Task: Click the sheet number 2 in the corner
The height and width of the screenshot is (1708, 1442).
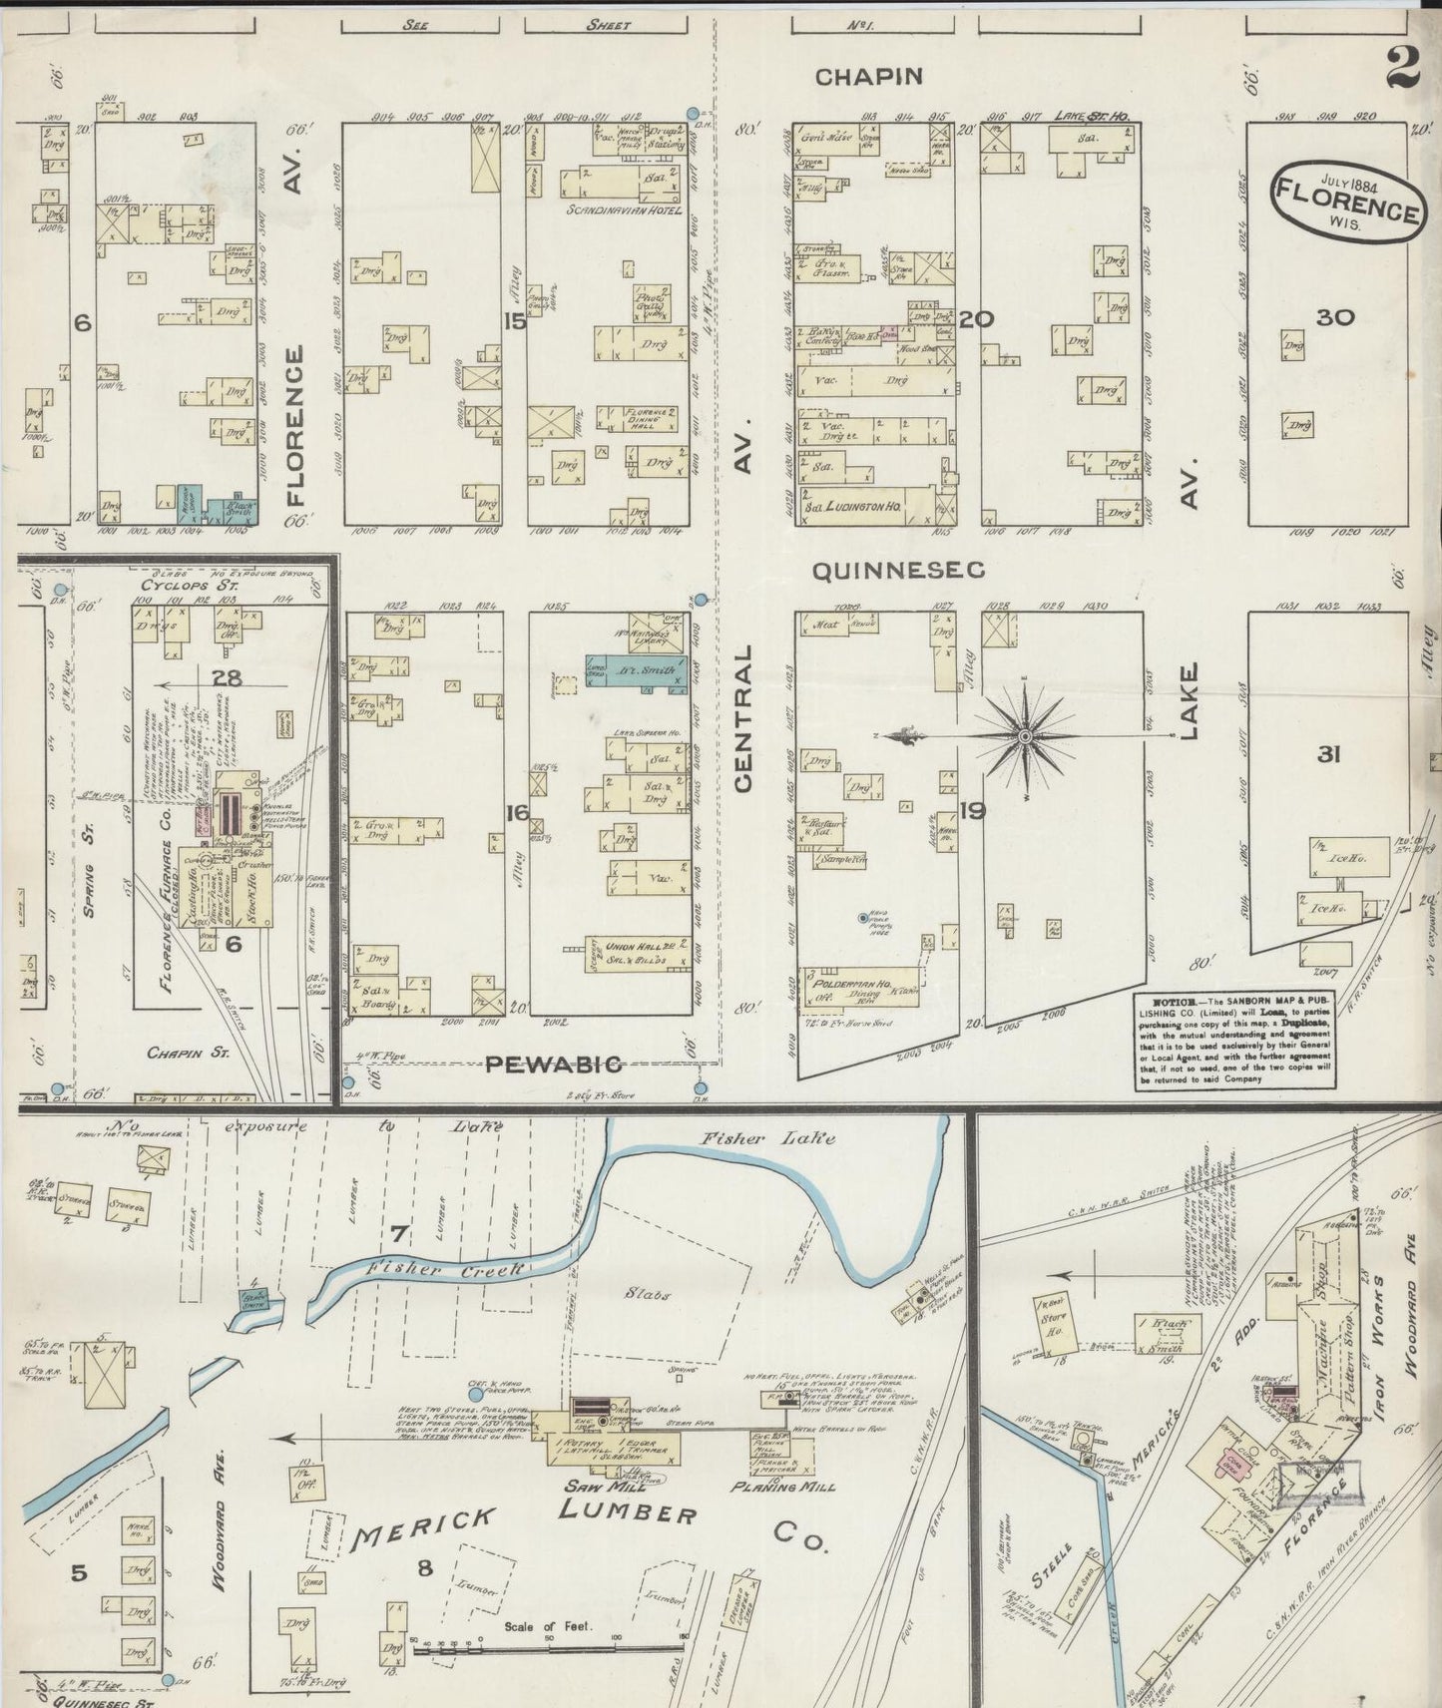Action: coord(1403,69)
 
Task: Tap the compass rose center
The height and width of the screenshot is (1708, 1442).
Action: coord(1025,735)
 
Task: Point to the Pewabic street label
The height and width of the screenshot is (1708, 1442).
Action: coord(554,1064)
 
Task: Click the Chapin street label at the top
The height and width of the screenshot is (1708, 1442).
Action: coord(866,76)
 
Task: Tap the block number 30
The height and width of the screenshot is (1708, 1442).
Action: coord(1333,318)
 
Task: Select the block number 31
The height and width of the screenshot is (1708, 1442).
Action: coord(1327,755)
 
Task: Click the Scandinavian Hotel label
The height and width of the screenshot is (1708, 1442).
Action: coord(623,212)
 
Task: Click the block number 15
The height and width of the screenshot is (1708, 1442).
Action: coord(515,320)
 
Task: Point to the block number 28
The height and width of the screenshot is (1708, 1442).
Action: coord(229,678)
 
